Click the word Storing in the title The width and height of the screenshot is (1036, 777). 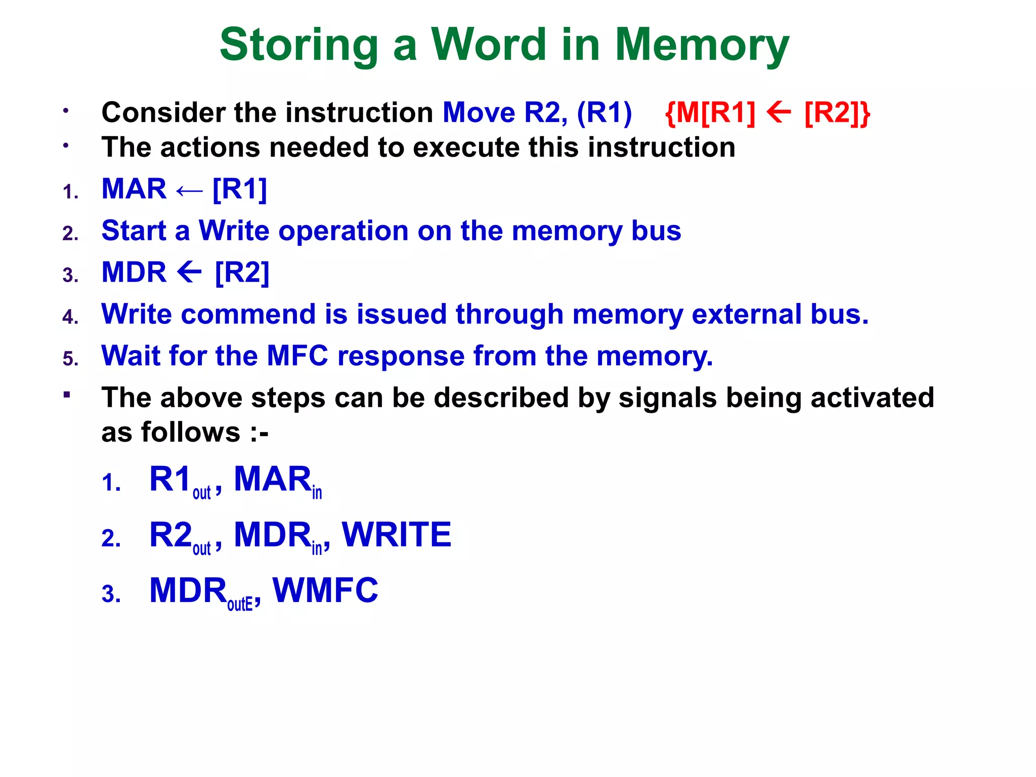[x=299, y=46]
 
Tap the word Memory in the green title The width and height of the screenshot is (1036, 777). [x=702, y=46]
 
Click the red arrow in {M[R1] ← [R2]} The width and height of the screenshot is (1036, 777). [x=779, y=112]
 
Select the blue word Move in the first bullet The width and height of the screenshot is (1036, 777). [x=479, y=112]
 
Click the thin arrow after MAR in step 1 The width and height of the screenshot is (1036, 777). [x=189, y=191]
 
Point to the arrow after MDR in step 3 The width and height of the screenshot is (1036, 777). [x=190, y=273]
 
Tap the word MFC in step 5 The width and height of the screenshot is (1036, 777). [x=297, y=356]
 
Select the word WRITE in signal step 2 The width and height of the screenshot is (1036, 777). [x=397, y=535]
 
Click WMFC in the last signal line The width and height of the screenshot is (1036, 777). [x=325, y=590]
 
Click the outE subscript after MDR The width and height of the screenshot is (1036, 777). [x=240, y=604]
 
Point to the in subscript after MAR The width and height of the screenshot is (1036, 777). [x=317, y=493]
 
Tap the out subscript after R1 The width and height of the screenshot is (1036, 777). [x=201, y=493]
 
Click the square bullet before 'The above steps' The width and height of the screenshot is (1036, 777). [x=66, y=394]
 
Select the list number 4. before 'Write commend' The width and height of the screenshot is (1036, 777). [x=70, y=317]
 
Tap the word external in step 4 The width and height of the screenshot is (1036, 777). [x=747, y=314]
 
